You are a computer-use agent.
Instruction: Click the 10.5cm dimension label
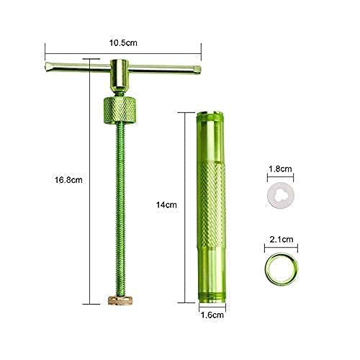123,43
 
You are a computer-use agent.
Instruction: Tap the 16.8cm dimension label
68,180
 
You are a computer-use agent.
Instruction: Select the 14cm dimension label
166,204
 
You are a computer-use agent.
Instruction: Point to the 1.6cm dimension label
212,315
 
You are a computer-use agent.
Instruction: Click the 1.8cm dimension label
280,168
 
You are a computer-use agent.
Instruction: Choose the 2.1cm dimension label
282,239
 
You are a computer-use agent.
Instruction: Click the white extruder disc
281,196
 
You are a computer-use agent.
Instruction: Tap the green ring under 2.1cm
266,269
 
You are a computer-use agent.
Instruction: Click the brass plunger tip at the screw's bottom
120,300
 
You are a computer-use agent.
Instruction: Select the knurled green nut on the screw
120,110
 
